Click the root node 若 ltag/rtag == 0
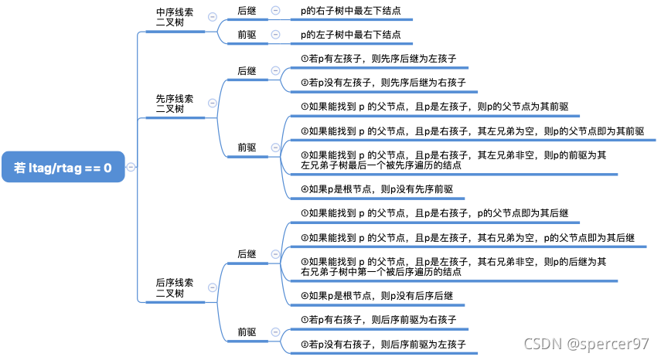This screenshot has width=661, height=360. coord(63,166)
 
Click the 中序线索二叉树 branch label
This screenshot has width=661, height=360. coord(175,18)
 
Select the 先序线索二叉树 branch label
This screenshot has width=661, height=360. coord(175,104)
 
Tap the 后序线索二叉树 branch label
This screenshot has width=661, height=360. coord(175,288)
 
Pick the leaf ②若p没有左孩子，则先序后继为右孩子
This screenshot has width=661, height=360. coord(383,82)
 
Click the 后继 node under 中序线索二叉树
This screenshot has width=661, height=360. coord(247,11)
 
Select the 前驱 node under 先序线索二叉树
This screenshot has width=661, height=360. coord(247,147)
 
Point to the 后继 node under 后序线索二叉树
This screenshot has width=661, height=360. coord(247,253)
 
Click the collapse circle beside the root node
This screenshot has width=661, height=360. coord(131,167)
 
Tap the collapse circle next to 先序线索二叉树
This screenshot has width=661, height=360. coord(213,104)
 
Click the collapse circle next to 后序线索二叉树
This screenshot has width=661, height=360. coord(213,288)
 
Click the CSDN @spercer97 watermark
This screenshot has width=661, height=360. coord(586,343)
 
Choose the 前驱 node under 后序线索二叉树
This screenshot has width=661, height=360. coord(247,331)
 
